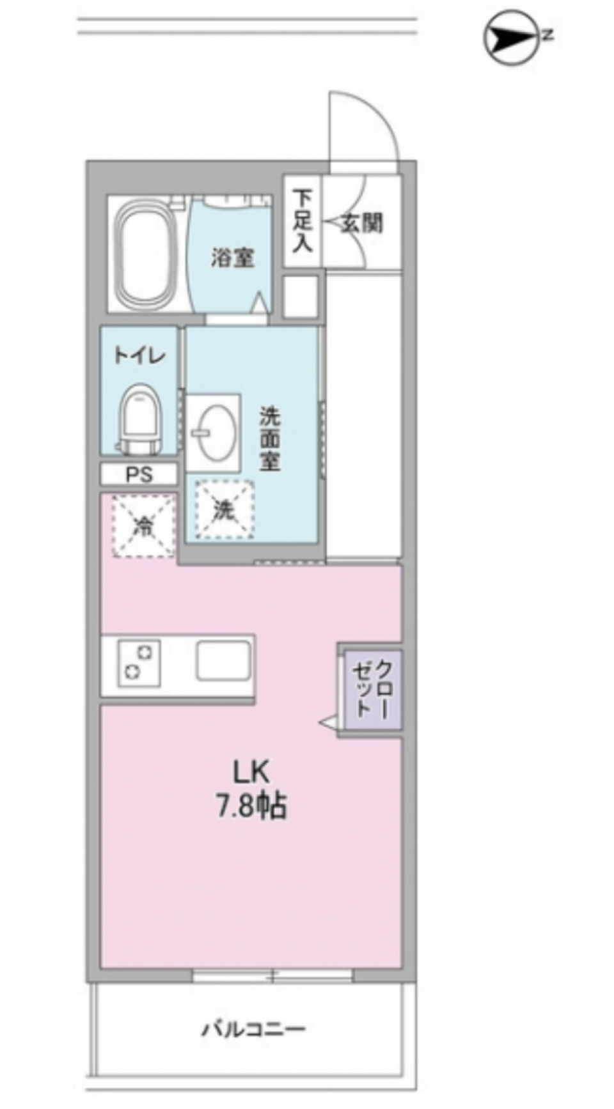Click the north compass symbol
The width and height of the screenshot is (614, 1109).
[509, 39]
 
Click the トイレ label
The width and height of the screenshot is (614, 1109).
[139, 355]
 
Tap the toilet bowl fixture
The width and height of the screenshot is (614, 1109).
[139, 415]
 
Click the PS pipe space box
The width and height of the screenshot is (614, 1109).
[139, 475]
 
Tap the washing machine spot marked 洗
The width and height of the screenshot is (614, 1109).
[223, 510]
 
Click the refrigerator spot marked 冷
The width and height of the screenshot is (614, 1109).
[143, 525]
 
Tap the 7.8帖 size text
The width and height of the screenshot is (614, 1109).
[251, 807]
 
